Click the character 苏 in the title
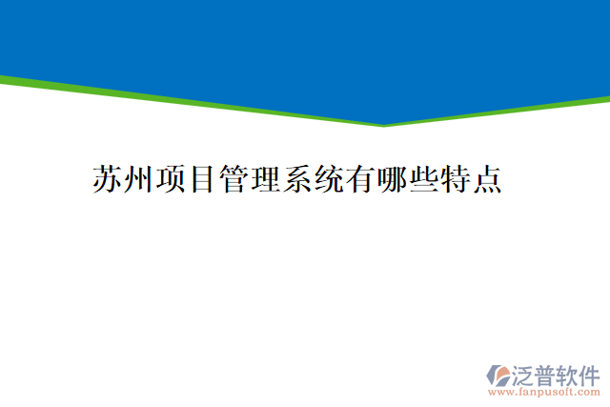108,179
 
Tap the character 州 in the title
139,179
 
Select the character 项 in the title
171,179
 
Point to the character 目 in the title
202,179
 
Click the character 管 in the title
234,179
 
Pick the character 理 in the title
265,179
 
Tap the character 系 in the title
296,179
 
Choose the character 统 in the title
328,179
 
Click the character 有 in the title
359,179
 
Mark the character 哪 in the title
391,179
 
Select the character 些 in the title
422,179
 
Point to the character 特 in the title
454,179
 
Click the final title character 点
485,179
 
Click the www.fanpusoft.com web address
544,391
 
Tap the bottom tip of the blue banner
384,123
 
